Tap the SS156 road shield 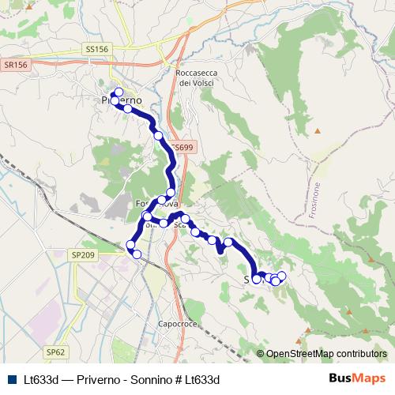tap(96, 49)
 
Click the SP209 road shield tap(82, 255)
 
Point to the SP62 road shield tap(55, 351)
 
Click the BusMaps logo tap(356, 378)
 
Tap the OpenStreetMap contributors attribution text tap(326, 354)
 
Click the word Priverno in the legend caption tap(100, 379)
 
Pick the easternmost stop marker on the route tap(281, 276)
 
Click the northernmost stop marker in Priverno tap(118, 92)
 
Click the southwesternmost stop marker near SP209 tap(136, 254)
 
